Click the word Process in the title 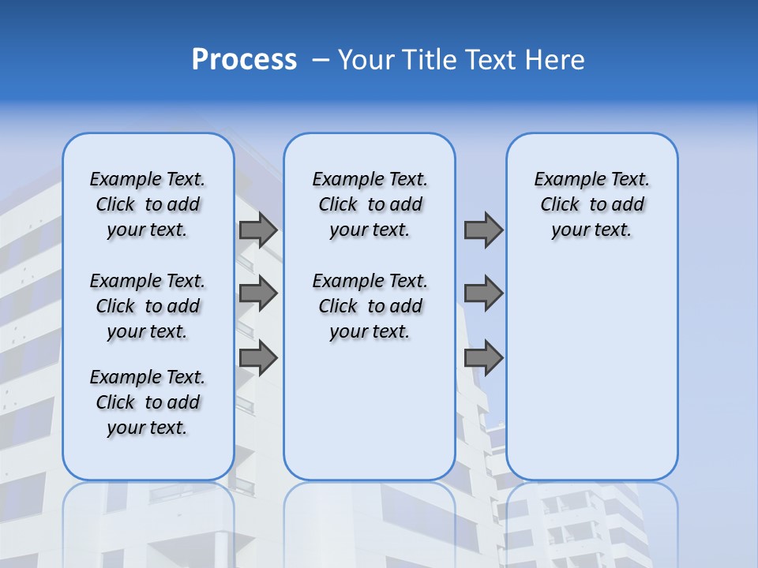(x=244, y=59)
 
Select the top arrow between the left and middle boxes (x=258, y=230)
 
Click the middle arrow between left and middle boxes (x=258, y=293)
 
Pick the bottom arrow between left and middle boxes (x=258, y=357)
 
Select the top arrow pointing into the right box (x=483, y=230)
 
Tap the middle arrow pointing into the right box (x=483, y=293)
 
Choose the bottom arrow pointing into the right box (x=483, y=357)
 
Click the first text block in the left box (x=148, y=204)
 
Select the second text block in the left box (x=148, y=306)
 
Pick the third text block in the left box (x=148, y=402)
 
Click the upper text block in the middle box (x=370, y=204)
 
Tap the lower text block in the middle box (x=370, y=306)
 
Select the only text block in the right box (x=592, y=204)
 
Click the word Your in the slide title (x=366, y=60)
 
